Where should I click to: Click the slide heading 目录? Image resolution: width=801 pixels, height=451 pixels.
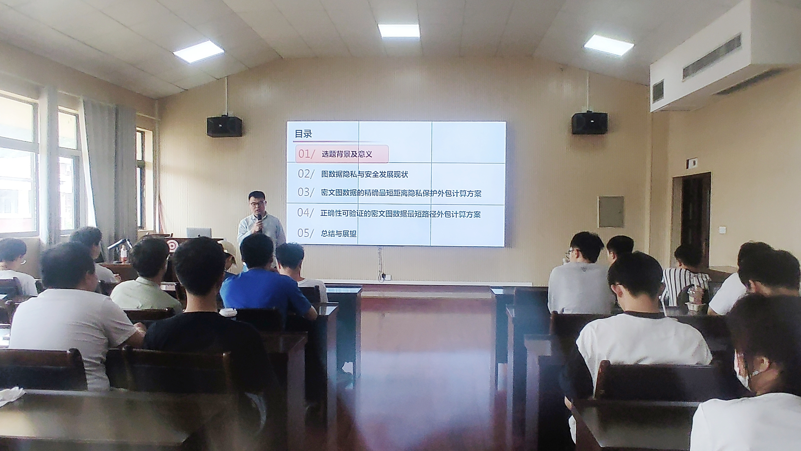point(303,134)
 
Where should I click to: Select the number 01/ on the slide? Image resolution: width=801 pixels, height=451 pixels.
point(307,154)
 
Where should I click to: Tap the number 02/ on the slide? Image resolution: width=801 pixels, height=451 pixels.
point(306,174)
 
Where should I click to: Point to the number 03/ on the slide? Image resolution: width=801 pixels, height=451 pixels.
point(306,192)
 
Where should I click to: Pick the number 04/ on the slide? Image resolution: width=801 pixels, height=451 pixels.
point(305,212)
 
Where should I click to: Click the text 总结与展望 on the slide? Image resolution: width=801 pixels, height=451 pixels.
point(339,233)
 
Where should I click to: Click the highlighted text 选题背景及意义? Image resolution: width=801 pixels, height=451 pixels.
point(347,154)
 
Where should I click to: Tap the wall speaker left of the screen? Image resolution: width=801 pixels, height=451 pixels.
point(225,126)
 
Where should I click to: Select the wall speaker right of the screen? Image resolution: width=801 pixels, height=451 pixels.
point(589,123)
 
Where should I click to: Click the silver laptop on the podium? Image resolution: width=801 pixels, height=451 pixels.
point(199,233)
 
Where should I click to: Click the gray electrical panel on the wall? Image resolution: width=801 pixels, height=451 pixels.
point(611,212)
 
